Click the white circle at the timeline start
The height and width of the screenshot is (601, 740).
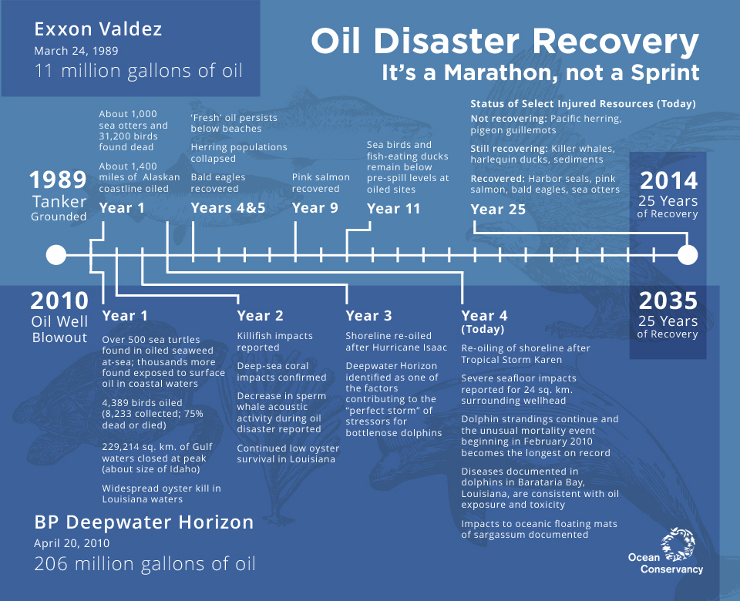click(x=56, y=255)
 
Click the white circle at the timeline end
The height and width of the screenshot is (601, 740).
click(x=687, y=255)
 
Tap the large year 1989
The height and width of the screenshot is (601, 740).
click(x=58, y=180)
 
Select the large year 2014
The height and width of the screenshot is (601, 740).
click(x=669, y=180)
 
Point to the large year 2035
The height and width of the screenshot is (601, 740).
click(x=668, y=300)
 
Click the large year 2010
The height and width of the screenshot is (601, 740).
click(x=59, y=300)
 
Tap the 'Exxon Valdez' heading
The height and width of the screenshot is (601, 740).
click(x=98, y=29)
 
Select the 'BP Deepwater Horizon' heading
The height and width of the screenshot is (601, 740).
click(x=144, y=522)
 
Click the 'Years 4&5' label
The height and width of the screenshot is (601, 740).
click(x=228, y=208)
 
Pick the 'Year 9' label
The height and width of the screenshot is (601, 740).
click(x=314, y=208)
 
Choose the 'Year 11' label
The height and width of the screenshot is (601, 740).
click(x=394, y=209)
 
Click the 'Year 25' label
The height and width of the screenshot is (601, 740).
click(x=498, y=209)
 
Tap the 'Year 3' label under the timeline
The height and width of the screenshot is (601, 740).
click(x=368, y=316)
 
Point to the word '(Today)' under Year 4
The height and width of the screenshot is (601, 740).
click(x=483, y=329)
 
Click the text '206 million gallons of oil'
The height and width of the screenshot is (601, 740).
click(x=144, y=564)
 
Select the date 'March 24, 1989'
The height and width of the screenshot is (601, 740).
click(x=76, y=51)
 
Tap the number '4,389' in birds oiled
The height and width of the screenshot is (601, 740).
click(x=116, y=403)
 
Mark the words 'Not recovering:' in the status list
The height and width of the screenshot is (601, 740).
click(x=508, y=119)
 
